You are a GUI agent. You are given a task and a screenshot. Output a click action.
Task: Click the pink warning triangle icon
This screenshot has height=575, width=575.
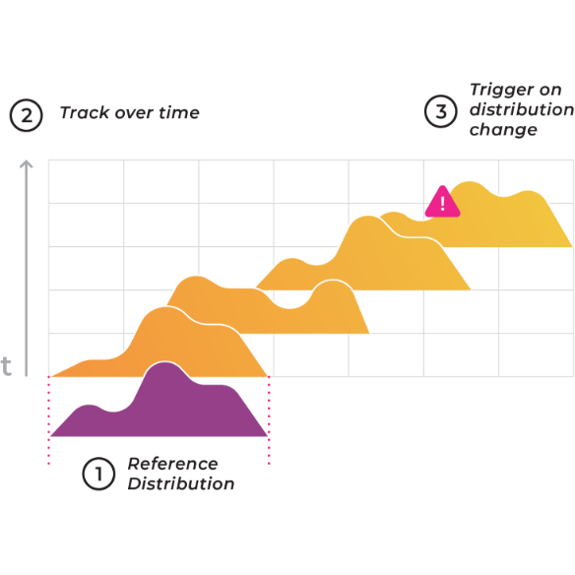pos(442,203)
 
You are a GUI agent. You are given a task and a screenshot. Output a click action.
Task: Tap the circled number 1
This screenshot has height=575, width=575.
pos(98,474)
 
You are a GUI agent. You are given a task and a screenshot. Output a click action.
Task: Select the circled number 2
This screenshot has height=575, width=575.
pos(26,115)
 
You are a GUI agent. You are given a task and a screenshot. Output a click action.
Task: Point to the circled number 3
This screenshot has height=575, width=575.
pos(441,111)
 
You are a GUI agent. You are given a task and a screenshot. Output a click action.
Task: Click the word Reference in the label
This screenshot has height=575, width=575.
pos(172,464)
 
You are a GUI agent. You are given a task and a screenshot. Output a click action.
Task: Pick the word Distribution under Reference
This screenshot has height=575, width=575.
pos(181,483)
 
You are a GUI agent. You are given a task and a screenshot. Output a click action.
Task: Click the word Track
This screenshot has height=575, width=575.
pos(85,112)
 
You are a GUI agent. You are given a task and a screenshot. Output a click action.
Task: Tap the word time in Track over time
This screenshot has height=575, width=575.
pos(179,112)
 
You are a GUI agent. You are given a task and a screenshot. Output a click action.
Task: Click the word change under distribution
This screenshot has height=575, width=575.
pos(503,130)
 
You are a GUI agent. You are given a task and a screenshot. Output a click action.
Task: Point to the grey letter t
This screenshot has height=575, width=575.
pos(6,366)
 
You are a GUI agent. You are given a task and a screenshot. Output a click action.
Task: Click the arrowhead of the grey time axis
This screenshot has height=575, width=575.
pos(26,164)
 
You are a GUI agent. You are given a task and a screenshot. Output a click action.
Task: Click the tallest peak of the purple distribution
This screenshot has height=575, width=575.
pos(165,363)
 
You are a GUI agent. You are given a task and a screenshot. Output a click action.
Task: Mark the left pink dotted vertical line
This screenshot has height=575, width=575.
pos(49,420)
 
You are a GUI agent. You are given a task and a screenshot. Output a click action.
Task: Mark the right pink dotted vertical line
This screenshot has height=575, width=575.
pos(269,420)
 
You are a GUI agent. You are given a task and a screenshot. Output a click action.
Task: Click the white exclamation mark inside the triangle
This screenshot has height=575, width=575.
pos(443,204)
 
